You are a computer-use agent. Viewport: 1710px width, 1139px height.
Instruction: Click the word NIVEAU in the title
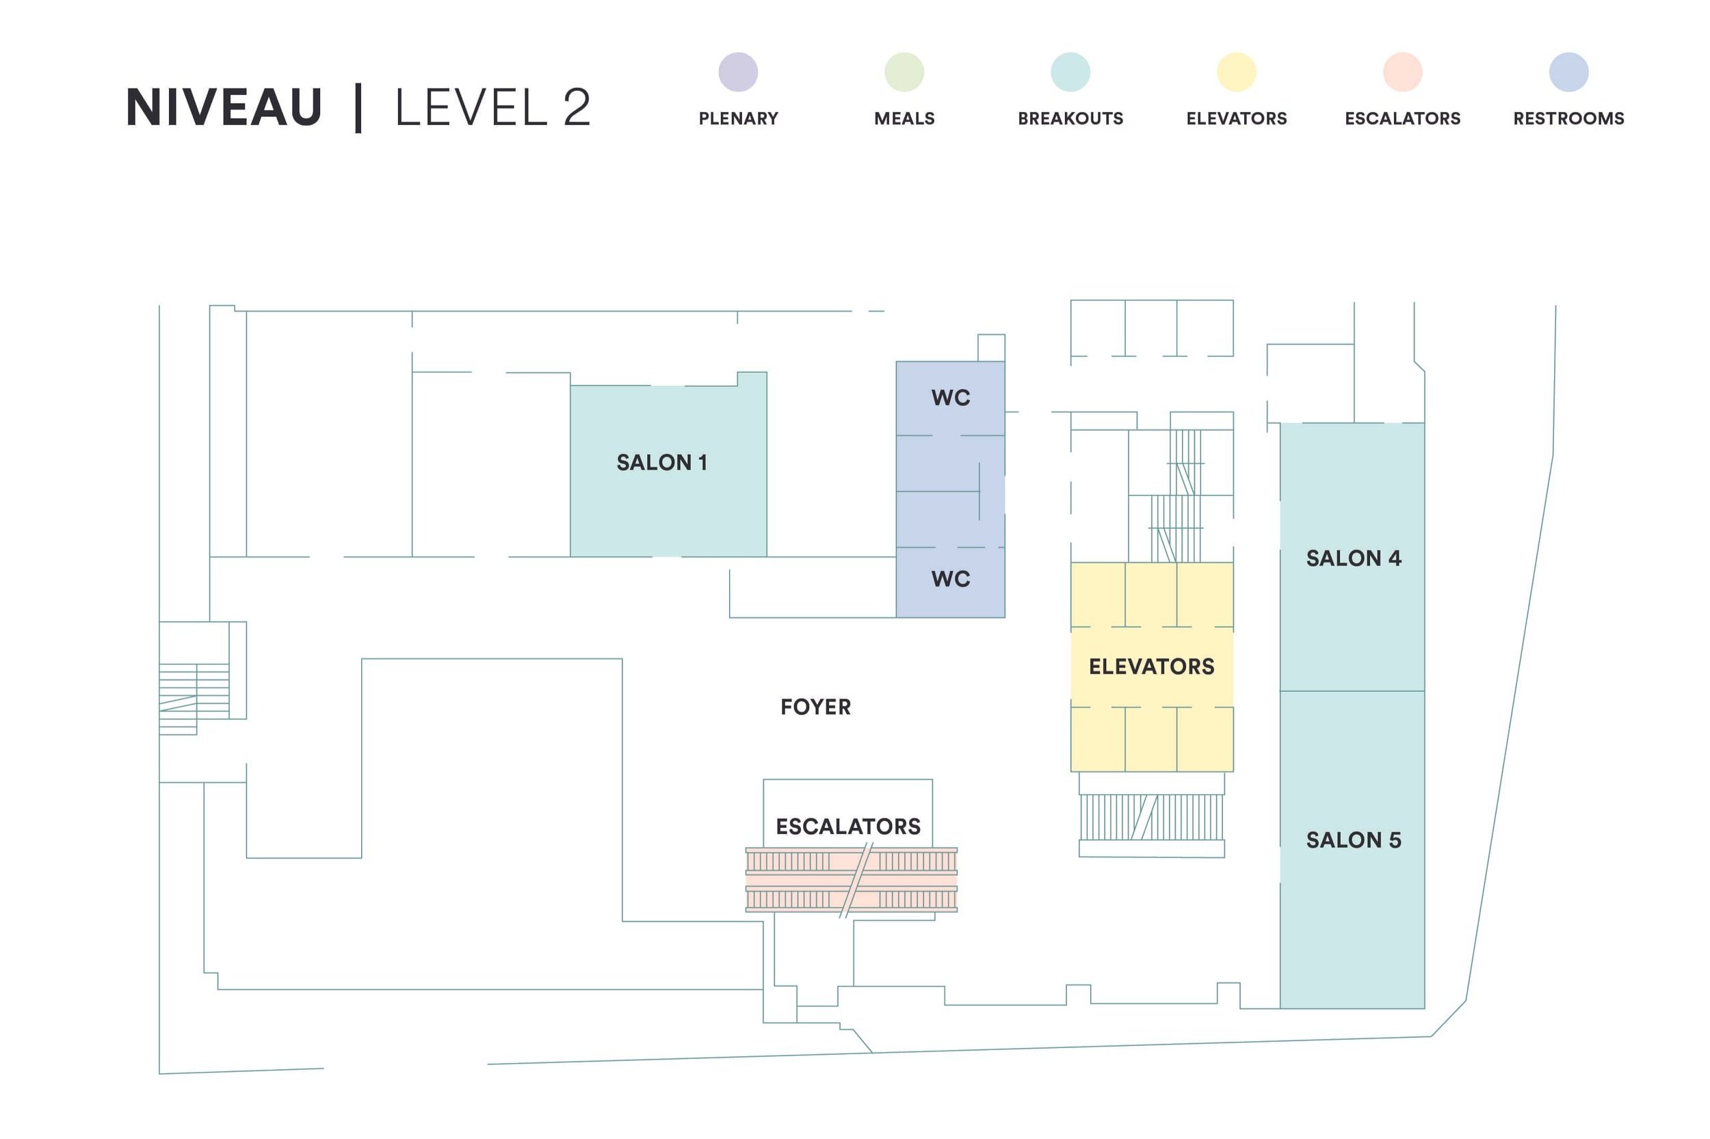click(x=223, y=107)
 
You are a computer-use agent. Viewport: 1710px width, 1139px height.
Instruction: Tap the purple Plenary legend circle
click(x=737, y=72)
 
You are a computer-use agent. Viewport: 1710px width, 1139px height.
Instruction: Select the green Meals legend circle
click(x=904, y=72)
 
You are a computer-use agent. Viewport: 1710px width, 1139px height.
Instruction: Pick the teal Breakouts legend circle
click(x=1070, y=72)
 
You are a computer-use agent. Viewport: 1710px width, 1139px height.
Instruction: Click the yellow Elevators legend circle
click(x=1235, y=72)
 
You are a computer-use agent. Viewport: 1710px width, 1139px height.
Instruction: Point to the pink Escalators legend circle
click(x=1402, y=72)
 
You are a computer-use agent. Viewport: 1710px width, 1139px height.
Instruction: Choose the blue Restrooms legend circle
click(x=1568, y=72)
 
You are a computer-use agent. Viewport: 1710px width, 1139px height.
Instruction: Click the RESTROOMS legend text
click(x=1568, y=118)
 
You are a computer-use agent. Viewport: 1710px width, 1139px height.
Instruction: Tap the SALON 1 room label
click(x=661, y=462)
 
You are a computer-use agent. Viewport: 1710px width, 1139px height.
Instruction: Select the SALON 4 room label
click(x=1352, y=558)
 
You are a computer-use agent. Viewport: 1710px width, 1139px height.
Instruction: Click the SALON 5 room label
click(x=1352, y=840)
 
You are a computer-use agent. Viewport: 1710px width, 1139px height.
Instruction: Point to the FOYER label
click(x=815, y=707)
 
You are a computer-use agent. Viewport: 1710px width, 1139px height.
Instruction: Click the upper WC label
click(x=950, y=397)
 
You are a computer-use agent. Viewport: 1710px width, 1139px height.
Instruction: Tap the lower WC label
click(x=950, y=579)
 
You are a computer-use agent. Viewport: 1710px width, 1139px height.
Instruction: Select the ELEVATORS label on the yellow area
click(x=1150, y=666)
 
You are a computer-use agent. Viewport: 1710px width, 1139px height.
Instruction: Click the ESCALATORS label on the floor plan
click(x=847, y=826)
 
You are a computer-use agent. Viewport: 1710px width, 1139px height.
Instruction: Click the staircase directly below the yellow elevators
click(x=1150, y=817)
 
